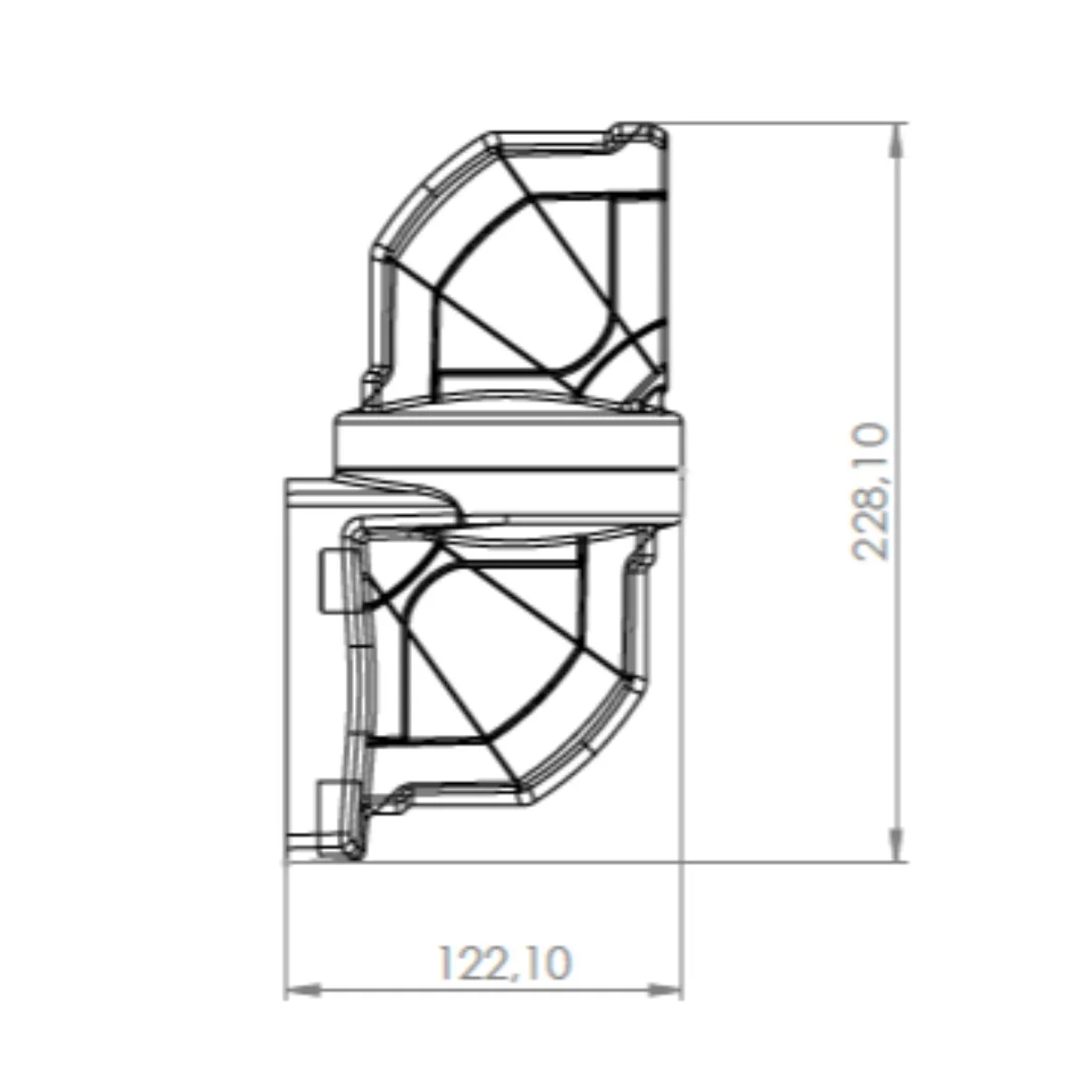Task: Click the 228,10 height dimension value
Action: [872, 491]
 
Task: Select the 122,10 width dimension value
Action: [505, 963]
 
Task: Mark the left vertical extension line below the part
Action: [285, 932]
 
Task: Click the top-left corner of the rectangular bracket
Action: [287, 481]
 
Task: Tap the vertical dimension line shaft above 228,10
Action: [896, 271]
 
